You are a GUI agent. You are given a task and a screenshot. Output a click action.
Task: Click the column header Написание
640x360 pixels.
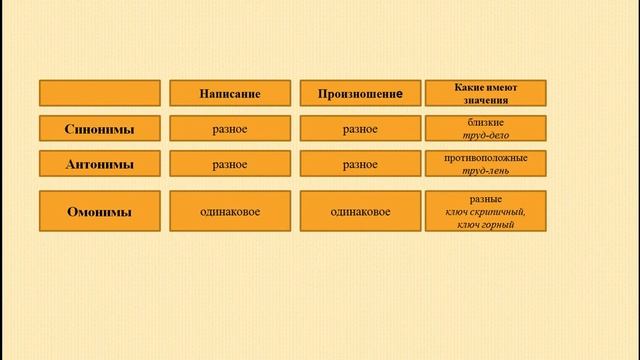click(x=230, y=93)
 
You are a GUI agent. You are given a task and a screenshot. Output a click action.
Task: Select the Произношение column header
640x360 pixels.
click(x=360, y=93)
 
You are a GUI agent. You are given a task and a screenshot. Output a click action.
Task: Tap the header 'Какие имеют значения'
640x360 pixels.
click(x=486, y=93)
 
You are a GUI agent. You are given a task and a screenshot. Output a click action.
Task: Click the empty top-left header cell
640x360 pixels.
click(x=100, y=93)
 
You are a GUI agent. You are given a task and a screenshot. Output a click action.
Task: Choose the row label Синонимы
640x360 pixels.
click(x=100, y=129)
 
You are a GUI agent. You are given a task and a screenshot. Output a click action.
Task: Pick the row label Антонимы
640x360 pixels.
click(x=100, y=164)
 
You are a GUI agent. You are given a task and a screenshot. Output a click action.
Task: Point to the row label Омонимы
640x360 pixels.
click(x=100, y=211)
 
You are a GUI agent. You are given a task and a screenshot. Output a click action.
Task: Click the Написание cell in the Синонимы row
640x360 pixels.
click(x=230, y=129)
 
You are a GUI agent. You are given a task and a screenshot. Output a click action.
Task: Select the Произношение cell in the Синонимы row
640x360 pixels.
click(x=360, y=129)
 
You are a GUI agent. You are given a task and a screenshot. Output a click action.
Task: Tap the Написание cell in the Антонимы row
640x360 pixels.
click(x=230, y=164)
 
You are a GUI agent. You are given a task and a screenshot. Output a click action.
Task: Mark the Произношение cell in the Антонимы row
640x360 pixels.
click(x=360, y=164)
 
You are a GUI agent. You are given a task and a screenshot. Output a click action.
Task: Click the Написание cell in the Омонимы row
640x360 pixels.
click(x=230, y=211)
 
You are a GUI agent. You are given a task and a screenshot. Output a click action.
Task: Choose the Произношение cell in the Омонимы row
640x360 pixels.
click(x=360, y=211)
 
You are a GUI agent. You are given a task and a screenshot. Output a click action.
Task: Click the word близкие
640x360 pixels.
click(x=486, y=122)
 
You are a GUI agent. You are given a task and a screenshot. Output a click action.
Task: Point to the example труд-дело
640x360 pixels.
click(x=486, y=135)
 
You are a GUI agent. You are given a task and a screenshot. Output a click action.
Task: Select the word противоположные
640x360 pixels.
click(x=486, y=158)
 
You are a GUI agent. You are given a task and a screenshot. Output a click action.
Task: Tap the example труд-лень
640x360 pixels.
click(x=486, y=171)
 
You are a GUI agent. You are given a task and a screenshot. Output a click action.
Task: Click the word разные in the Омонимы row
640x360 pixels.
click(x=486, y=199)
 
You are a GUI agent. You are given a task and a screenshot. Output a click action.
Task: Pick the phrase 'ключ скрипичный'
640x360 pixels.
click(x=486, y=212)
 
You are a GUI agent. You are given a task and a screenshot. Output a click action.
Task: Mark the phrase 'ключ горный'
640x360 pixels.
click(x=486, y=225)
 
